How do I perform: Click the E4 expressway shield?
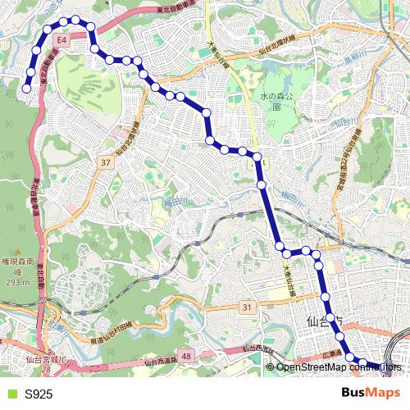coord(61,39)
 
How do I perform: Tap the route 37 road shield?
coord(105,163)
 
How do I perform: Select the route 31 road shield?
coord(247,307)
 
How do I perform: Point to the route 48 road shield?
coord(186,356)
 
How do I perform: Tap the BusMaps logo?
coord(371,394)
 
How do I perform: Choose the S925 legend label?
coord(39,394)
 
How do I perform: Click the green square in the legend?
coord(11,394)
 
